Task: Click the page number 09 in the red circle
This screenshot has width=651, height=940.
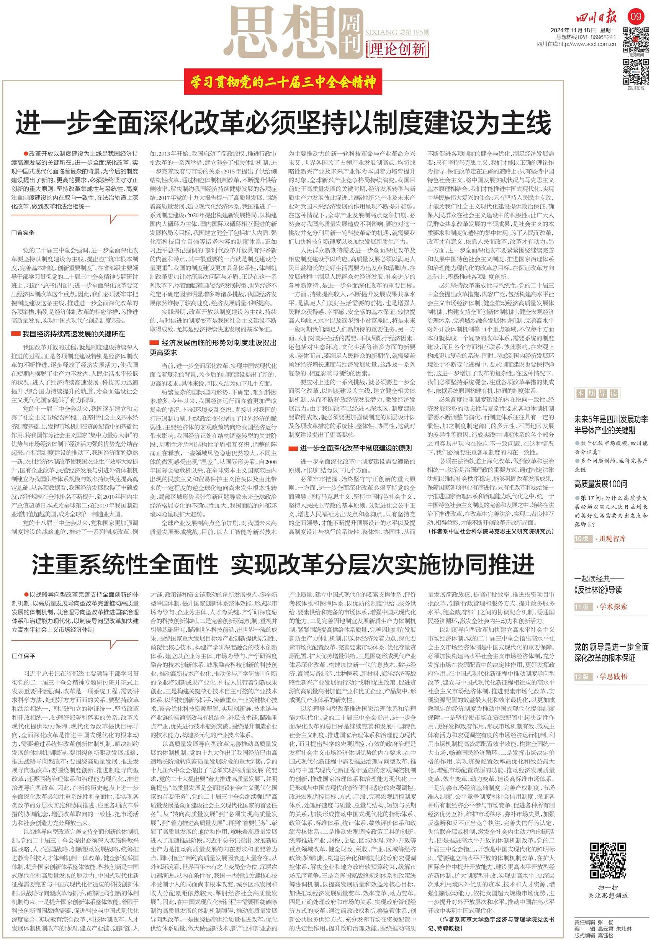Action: [x=636, y=17]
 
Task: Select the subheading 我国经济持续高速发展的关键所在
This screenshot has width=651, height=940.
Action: [x=74, y=334]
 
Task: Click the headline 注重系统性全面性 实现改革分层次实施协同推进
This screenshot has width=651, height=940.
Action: [x=283, y=565]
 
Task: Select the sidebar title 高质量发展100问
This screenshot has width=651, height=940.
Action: [x=600, y=484]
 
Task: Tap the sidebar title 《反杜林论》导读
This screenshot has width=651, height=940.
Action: [x=598, y=590]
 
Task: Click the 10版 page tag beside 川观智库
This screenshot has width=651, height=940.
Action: [x=582, y=539]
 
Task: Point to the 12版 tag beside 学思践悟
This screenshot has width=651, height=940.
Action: [x=582, y=677]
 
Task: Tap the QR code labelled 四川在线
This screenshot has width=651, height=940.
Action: [x=636, y=71]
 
